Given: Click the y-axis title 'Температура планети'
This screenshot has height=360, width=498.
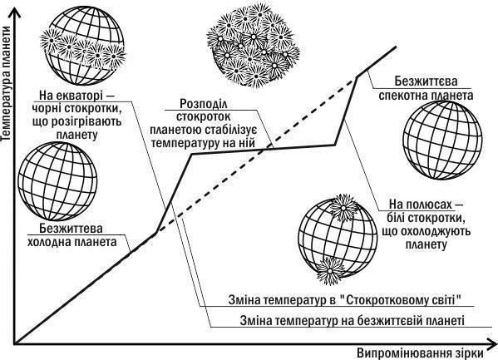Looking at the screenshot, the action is (x=6, y=83).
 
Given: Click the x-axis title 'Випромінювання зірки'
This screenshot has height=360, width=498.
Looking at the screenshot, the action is (x=420, y=353).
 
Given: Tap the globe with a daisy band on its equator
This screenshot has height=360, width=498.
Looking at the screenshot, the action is (x=83, y=47).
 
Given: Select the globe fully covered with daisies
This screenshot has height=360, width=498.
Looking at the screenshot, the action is (x=253, y=46).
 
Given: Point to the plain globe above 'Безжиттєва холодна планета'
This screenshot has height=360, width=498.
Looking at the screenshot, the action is (x=57, y=181).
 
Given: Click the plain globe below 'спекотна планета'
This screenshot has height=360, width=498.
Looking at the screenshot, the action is (x=442, y=141).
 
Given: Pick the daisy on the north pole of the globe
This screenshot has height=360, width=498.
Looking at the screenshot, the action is (x=343, y=207).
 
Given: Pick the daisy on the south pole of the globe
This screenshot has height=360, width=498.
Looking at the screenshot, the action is (x=330, y=271).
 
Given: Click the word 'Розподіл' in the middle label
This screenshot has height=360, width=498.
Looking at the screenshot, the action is (x=204, y=104).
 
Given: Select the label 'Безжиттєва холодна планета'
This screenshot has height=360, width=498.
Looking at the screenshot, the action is (x=71, y=235).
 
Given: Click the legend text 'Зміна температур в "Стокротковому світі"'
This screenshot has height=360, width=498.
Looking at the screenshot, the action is (x=344, y=299).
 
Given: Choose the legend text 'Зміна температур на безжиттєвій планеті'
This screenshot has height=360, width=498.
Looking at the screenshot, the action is (x=353, y=320).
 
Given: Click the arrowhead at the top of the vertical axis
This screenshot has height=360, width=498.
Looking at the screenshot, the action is (x=13, y=12).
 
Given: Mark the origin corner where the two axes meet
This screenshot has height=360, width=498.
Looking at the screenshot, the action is (x=14, y=343).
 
